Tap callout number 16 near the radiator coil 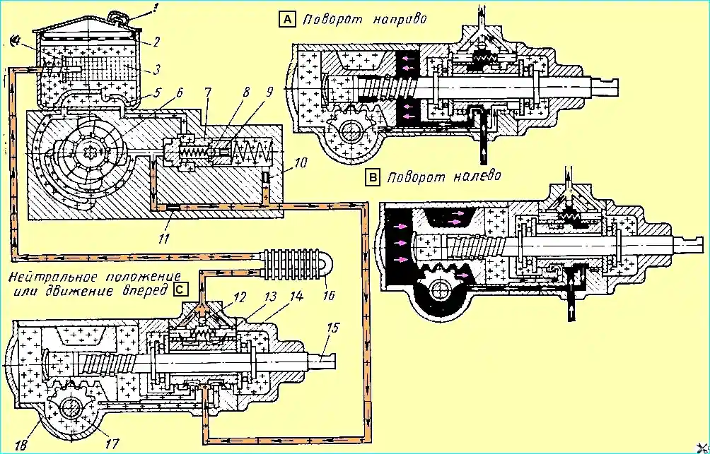tap(327, 284)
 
